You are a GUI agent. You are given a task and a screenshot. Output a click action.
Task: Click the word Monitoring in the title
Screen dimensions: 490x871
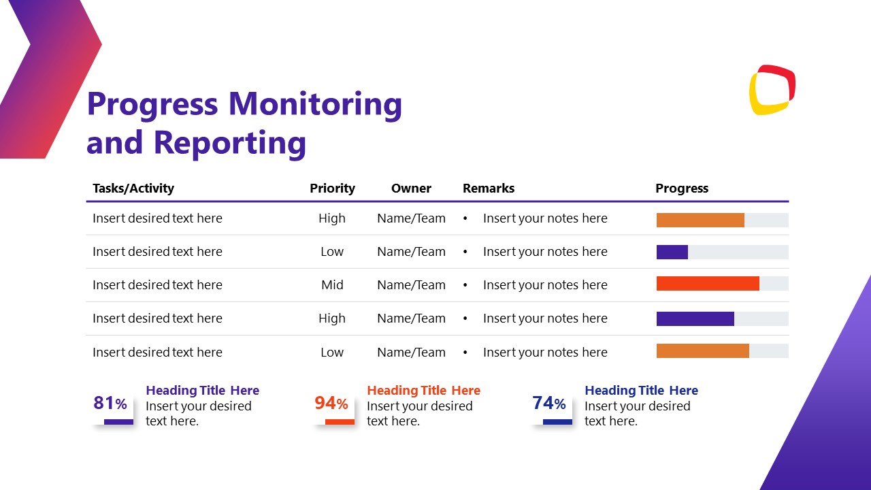click(315, 104)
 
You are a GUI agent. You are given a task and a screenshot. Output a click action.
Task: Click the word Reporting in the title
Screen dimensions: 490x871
click(230, 143)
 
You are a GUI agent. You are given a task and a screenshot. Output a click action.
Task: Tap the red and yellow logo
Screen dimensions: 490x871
click(772, 90)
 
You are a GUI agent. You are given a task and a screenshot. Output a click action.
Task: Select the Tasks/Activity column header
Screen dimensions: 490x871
click(133, 189)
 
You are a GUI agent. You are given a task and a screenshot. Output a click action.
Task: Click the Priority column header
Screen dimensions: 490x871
click(332, 189)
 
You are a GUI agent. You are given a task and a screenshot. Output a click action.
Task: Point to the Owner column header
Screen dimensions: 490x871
click(411, 189)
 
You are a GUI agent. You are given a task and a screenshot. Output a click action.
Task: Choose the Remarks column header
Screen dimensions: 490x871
click(489, 189)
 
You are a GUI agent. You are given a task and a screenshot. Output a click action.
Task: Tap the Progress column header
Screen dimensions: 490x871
click(682, 189)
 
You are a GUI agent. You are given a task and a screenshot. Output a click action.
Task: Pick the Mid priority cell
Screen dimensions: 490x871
click(332, 285)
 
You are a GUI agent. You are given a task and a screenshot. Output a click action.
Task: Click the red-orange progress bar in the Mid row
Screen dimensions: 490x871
click(708, 284)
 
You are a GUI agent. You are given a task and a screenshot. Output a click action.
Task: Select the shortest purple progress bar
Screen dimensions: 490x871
click(672, 252)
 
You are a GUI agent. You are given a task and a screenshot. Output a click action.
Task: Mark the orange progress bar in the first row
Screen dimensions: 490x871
click(700, 220)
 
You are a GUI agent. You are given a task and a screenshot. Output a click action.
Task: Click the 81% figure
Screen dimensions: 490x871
click(110, 404)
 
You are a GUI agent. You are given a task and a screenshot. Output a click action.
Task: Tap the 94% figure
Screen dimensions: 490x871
click(331, 404)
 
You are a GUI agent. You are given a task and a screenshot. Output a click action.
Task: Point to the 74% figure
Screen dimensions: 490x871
click(549, 404)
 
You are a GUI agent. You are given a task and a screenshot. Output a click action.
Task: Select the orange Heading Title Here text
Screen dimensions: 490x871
click(423, 391)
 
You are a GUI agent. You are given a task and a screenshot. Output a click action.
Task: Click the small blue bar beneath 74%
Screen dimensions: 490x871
click(557, 422)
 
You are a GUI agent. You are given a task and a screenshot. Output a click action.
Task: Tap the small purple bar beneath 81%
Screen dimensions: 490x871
click(118, 422)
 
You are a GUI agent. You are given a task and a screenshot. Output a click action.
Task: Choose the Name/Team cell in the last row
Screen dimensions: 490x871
click(411, 353)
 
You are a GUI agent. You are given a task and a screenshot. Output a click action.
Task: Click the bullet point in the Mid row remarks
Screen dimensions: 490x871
click(465, 285)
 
